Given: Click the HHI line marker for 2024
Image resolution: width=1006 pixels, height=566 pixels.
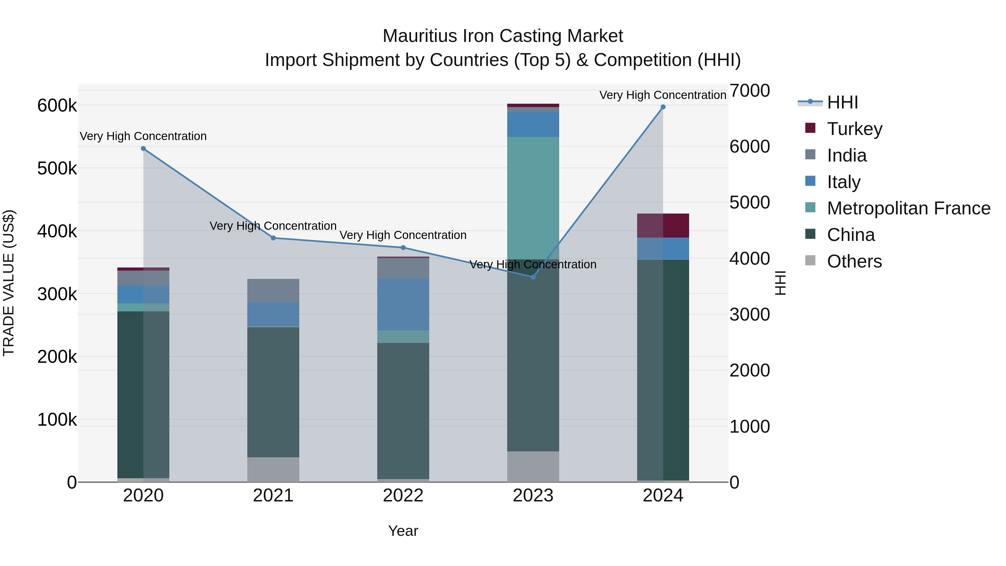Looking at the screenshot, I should [x=663, y=107].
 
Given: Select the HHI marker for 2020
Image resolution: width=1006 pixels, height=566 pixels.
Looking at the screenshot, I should [x=143, y=148].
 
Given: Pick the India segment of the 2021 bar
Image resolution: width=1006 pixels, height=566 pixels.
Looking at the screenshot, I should [x=273, y=290].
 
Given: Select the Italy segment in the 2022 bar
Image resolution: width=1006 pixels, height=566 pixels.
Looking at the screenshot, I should [x=403, y=304].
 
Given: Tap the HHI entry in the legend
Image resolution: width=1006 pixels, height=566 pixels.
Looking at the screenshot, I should [x=842, y=102].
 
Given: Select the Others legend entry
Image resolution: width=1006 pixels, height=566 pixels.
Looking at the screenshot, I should [x=854, y=261].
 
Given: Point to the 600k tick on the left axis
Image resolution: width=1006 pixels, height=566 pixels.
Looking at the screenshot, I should [x=57, y=105].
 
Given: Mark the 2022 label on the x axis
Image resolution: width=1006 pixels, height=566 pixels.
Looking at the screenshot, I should [x=403, y=496].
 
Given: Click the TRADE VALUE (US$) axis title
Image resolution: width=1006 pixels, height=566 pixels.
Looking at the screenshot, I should [x=9, y=283].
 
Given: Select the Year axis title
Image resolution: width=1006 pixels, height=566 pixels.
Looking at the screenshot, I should [x=403, y=531].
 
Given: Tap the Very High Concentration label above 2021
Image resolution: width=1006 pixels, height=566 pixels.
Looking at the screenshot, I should [x=273, y=226].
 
